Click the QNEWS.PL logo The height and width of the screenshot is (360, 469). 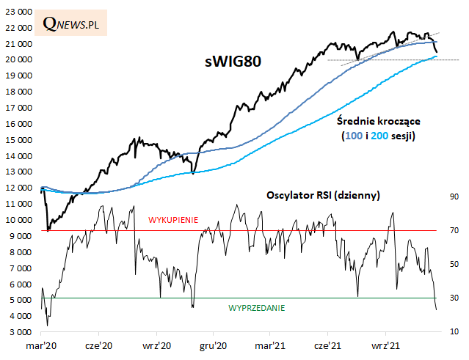coord(71,23)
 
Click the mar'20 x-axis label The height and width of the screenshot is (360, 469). coord(43,345)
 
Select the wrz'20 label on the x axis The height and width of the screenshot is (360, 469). coord(156,345)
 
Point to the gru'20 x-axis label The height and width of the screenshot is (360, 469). coord(213,345)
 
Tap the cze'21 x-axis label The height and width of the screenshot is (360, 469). coord(327,345)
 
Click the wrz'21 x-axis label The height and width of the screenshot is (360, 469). coord(384,345)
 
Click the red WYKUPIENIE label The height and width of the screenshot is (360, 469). coord(173,219)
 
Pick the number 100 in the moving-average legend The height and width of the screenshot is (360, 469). coord(352,136)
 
